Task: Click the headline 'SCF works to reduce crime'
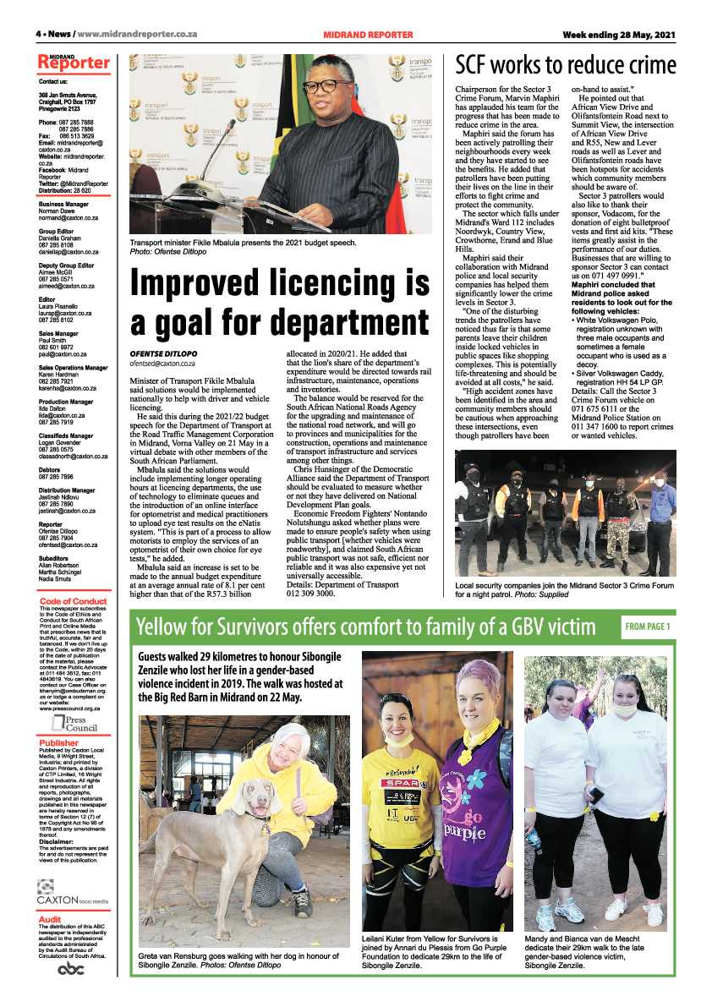(x=566, y=66)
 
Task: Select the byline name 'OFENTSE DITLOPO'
(x=162, y=353)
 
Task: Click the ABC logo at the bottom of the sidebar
(x=71, y=970)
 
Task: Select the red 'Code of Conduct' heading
(x=74, y=577)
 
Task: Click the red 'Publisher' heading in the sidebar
(x=58, y=743)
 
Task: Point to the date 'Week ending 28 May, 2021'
(x=620, y=35)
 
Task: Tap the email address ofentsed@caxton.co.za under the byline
(x=162, y=363)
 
